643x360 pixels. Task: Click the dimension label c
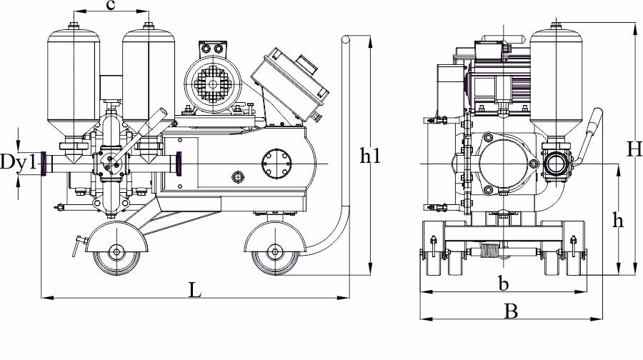pyautogui.click(x=109, y=5)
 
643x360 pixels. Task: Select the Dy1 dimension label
pyautogui.click(x=19, y=161)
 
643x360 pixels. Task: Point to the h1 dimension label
pyautogui.click(x=370, y=156)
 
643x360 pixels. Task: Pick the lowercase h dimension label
pyautogui.click(x=617, y=220)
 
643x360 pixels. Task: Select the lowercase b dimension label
pyautogui.click(x=503, y=283)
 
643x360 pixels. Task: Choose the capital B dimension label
pyautogui.click(x=511, y=311)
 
